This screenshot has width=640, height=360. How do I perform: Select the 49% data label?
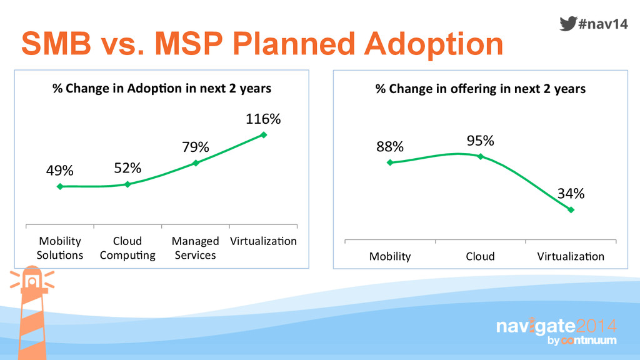point(60,171)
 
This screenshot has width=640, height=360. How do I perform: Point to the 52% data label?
point(127,168)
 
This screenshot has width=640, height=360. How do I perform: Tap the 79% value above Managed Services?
point(196,147)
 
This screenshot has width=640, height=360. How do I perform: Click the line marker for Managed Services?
point(196,162)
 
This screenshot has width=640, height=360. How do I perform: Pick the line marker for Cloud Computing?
point(127,184)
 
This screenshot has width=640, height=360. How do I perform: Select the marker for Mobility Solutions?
point(60,186)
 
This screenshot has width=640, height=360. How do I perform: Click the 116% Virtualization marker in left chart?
point(264,134)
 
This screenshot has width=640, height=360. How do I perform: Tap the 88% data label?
point(390,147)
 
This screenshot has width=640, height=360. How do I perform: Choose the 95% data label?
point(481,141)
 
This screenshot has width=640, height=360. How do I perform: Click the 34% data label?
point(571,194)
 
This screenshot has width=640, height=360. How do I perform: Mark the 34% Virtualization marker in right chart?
point(571,209)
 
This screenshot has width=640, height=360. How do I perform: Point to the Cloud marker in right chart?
point(481,156)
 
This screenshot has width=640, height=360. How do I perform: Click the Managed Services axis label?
point(196,248)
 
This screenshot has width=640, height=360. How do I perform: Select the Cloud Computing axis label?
point(127,248)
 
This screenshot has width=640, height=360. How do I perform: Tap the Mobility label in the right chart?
point(390,256)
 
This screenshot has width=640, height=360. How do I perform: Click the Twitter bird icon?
point(567,24)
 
